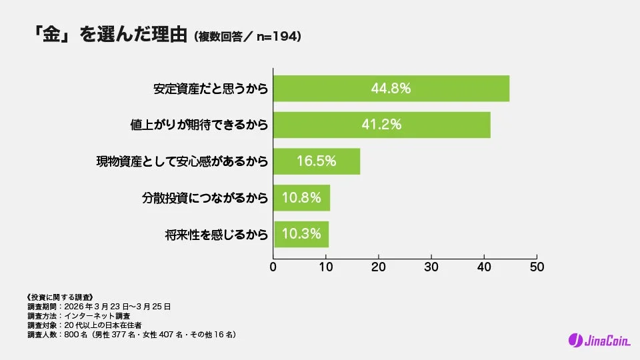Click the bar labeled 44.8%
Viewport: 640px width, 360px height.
tap(391, 89)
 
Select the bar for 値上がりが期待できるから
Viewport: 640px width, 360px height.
tap(382, 125)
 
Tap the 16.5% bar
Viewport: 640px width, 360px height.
tap(317, 161)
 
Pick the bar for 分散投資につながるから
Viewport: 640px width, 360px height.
tap(301, 197)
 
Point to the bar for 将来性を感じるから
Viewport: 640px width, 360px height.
tap(301, 234)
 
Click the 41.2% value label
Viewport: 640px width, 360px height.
tap(382, 125)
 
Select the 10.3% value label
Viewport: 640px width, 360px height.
tap(301, 234)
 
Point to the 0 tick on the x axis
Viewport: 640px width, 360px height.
tap(273, 267)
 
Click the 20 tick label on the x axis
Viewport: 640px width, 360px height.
tap(379, 267)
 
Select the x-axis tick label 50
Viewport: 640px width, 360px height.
tap(537, 267)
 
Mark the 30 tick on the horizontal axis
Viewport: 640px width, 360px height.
tap(431, 267)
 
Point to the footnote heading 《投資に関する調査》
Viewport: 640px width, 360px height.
tap(59, 297)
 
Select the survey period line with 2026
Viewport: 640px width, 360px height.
tap(98, 306)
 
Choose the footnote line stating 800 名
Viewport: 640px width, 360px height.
tap(131, 334)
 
